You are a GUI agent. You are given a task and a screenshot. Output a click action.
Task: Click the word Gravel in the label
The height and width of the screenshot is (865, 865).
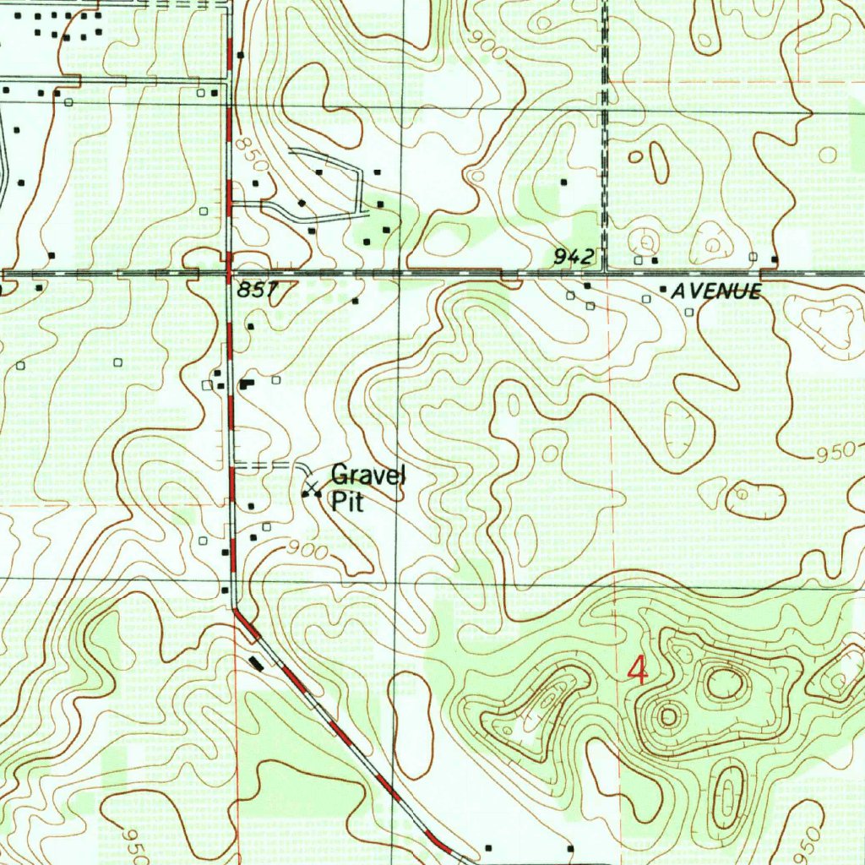(367, 476)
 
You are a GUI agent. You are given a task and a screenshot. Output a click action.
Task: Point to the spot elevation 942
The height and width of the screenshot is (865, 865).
(574, 257)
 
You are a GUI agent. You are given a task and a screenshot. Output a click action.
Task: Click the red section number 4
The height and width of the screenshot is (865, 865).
(638, 672)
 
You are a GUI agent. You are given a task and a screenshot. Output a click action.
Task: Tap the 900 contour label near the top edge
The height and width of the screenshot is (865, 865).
(490, 47)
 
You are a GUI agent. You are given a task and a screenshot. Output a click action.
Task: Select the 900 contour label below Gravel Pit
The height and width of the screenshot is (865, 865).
(306, 549)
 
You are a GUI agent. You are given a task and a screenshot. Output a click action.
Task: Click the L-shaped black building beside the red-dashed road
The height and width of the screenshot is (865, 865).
(246, 384)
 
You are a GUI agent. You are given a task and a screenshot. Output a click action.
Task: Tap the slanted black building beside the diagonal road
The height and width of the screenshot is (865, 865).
(257, 663)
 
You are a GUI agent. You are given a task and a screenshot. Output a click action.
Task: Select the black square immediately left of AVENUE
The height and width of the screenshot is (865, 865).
(663, 290)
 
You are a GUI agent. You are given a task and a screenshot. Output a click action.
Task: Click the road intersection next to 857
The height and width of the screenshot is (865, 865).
(230, 275)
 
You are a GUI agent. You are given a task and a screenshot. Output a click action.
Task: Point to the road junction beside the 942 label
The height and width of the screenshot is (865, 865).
(605, 273)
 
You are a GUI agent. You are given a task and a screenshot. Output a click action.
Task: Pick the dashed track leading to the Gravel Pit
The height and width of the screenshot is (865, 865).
(270, 465)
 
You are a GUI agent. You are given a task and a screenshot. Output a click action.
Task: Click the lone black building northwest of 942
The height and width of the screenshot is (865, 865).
(563, 182)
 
